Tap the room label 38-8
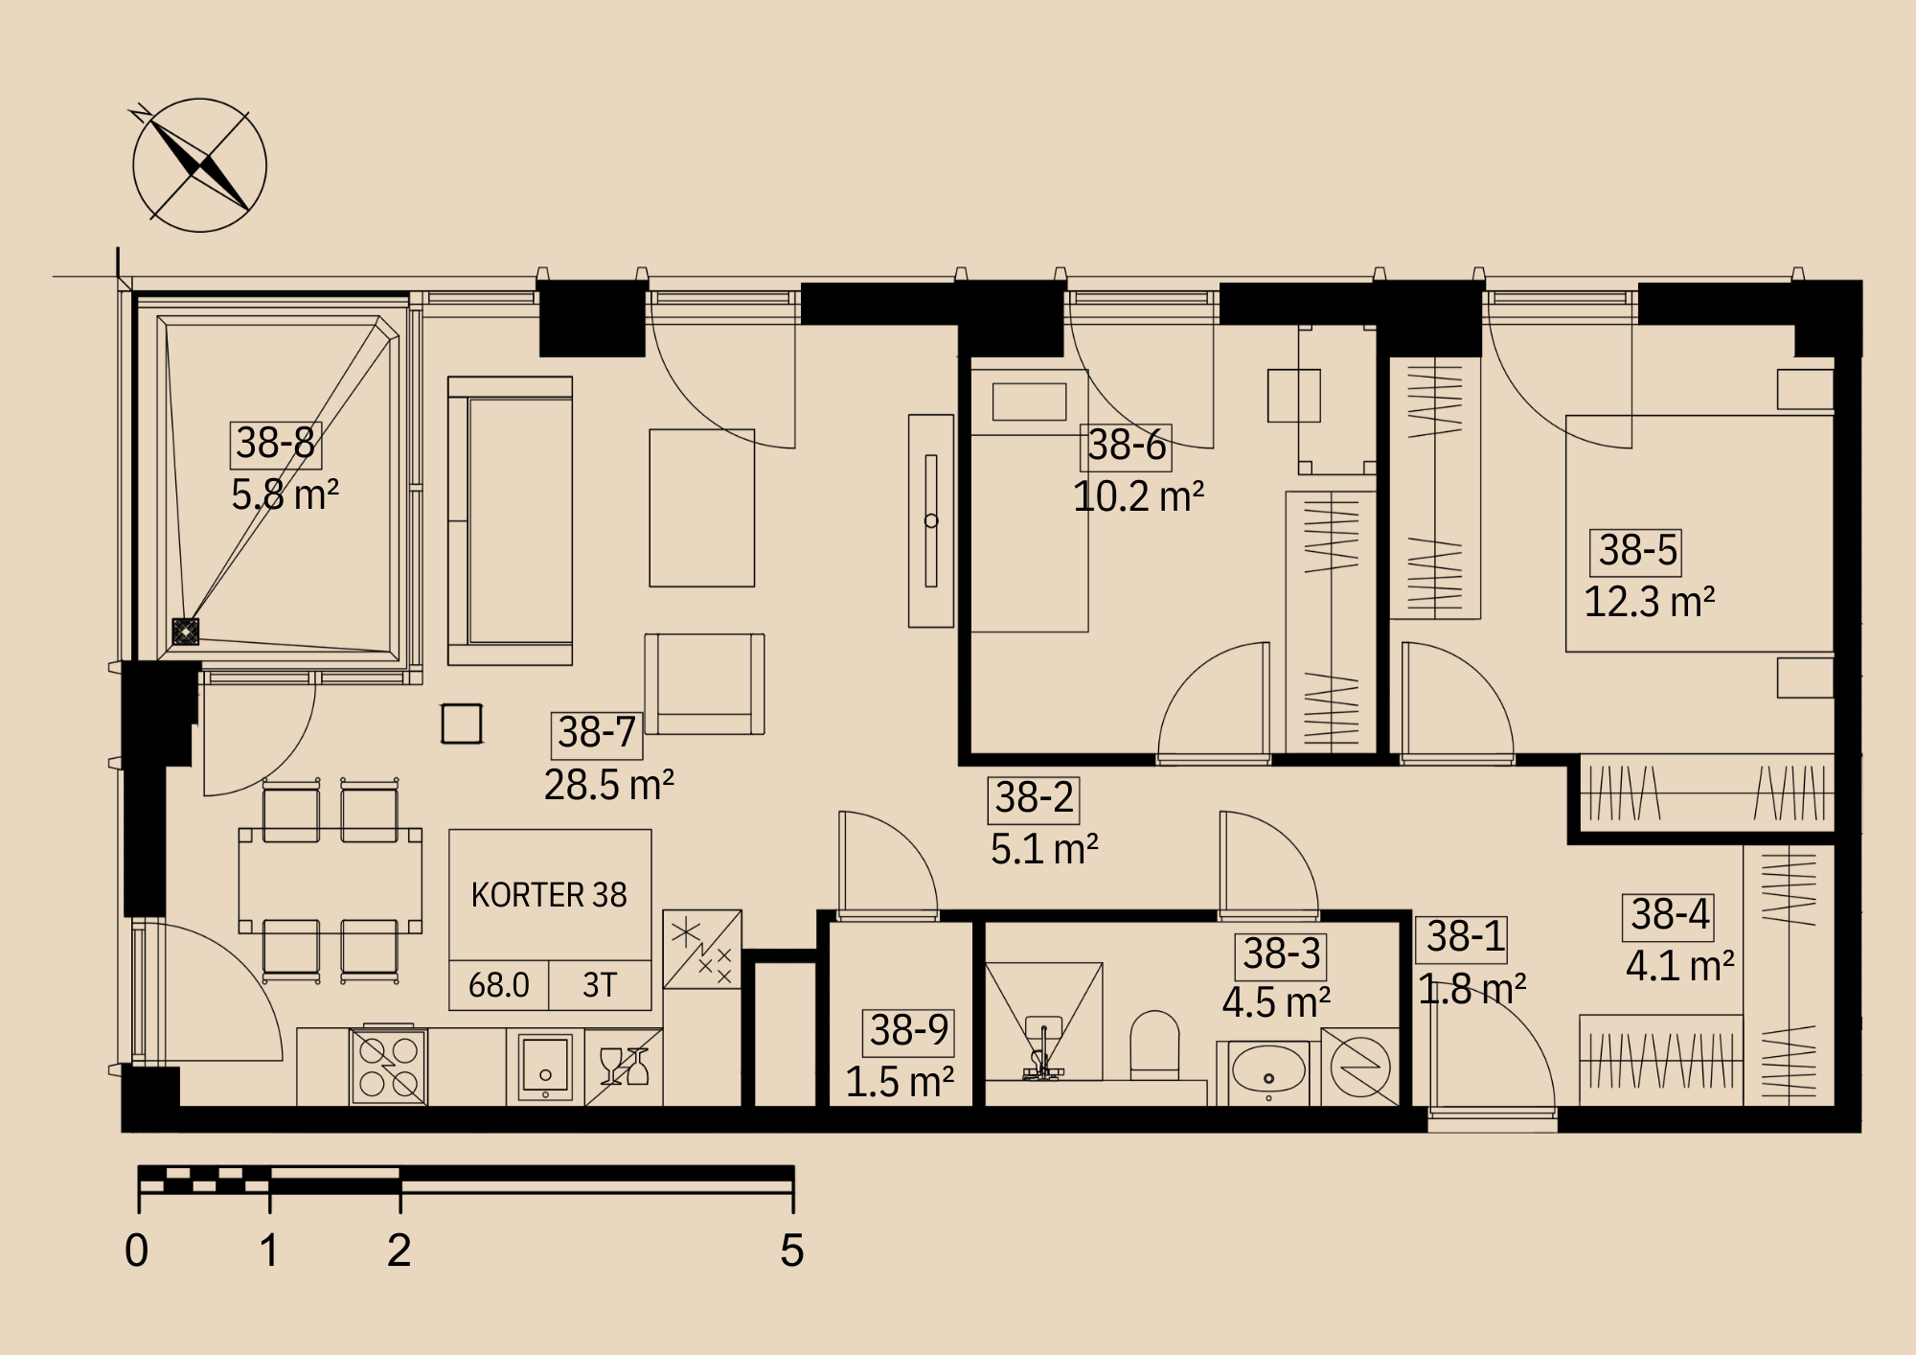pos(276,444)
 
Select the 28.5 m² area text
pos(609,785)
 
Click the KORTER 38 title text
pos(549,895)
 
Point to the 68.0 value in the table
pos(499,985)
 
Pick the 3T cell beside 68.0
pos(600,985)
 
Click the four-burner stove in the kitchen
pos(389,1067)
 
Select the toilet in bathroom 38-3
pos(1154,1045)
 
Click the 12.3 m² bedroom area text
pos(1649,603)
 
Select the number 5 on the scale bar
pos(792,1251)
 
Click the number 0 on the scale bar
pos(137,1251)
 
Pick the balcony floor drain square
pos(185,632)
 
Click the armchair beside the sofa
pos(704,684)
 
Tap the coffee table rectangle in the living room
pos(702,508)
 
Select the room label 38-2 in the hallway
pos(1034,799)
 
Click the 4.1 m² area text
pos(1680,966)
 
